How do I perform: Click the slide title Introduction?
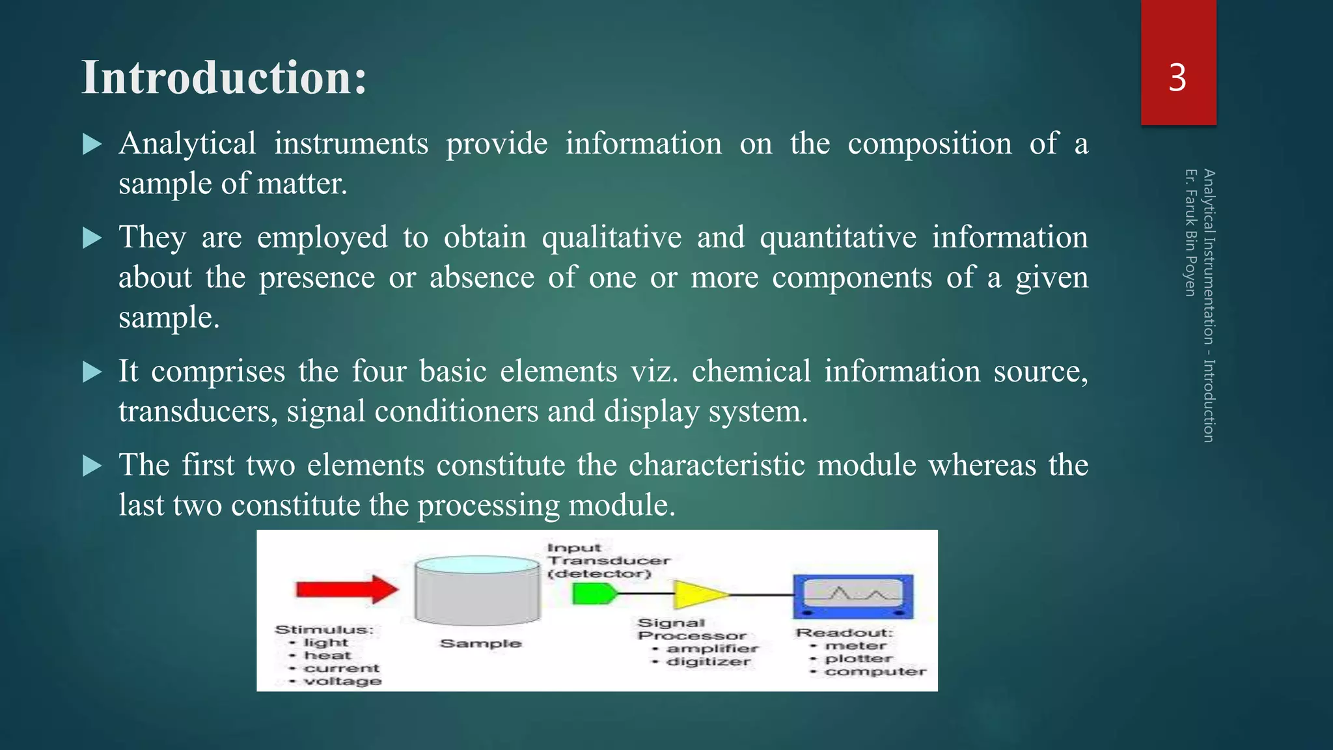coord(224,78)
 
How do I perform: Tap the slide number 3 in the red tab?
coord(1177,78)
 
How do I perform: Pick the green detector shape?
coord(593,594)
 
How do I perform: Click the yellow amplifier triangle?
coord(699,594)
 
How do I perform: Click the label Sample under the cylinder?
coord(480,644)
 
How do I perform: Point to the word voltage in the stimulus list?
coord(342,681)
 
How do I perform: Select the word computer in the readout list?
coord(875,671)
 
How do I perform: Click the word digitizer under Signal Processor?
coord(708,662)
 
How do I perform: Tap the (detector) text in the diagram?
coord(599,574)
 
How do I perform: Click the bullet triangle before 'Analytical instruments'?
coord(92,145)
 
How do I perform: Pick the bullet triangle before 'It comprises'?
coord(92,372)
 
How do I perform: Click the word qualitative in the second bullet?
coord(611,238)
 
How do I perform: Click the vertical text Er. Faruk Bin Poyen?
coord(1190,232)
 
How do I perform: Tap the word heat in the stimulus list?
coord(327,656)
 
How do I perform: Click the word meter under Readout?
coord(855,646)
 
